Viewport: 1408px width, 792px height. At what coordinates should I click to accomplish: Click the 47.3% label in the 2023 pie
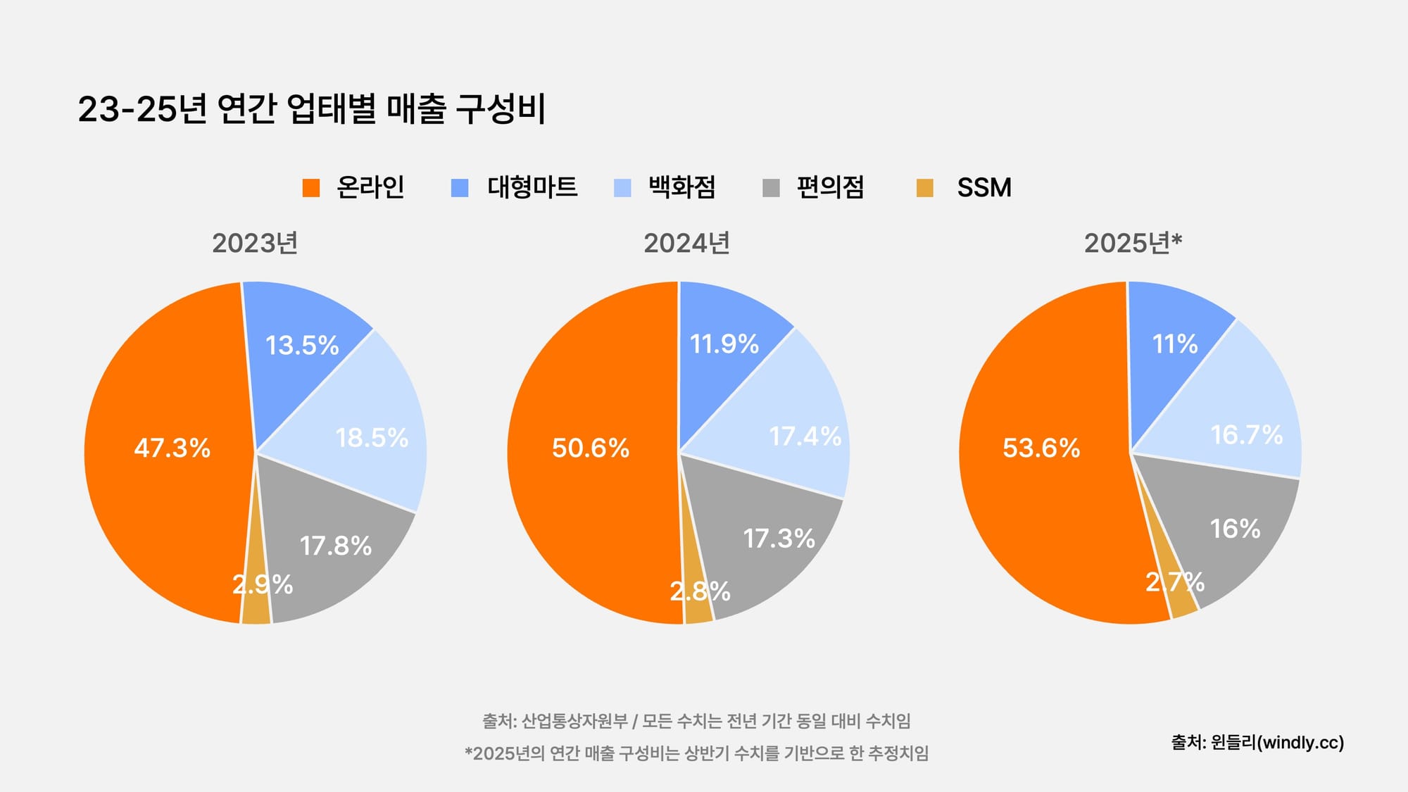[x=172, y=448]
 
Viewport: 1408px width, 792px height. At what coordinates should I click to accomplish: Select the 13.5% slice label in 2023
[x=302, y=345]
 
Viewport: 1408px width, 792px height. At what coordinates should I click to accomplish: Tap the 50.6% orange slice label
[x=590, y=448]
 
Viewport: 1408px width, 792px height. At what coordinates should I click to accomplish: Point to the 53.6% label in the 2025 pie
[x=1041, y=448]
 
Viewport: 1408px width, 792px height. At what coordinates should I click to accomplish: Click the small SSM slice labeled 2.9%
[x=262, y=584]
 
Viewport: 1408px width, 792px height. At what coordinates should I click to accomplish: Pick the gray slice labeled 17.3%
[x=779, y=539]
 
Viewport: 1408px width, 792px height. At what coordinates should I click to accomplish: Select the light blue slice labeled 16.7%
[x=1246, y=434]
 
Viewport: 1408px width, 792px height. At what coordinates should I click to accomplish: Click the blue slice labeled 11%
[x=1174, y=344]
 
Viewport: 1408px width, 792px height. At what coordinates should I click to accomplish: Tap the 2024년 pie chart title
[x=686, y=243]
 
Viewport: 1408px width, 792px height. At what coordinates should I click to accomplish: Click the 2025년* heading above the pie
[x=1133, y=243]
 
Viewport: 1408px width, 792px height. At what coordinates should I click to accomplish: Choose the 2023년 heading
[x=255, y=243]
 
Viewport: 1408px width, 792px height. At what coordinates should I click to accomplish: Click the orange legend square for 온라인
[x=311, y=188]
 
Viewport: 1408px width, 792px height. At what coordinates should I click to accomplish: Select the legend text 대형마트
[x=532, y=187]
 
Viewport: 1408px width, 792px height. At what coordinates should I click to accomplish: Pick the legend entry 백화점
[x=681, y=187]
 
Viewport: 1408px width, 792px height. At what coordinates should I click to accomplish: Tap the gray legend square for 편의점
[x=771, y=188]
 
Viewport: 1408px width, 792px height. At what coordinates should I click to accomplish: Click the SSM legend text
[x=983, y=187]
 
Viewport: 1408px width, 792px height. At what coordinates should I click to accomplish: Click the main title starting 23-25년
[x=312, y=109]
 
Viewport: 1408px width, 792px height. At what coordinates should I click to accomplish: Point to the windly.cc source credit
[x=1257, y=742]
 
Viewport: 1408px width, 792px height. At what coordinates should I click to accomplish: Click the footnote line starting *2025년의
[x=696, y=753]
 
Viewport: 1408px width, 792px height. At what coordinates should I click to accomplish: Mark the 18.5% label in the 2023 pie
[x=372, y=437]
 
